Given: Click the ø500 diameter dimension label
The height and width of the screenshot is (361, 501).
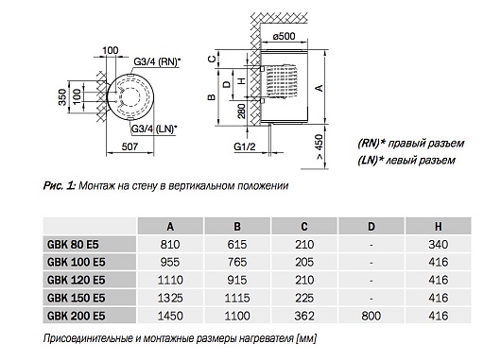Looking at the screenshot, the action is tap(284, 36).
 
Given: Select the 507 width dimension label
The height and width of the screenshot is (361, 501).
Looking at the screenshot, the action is tap(130, 146).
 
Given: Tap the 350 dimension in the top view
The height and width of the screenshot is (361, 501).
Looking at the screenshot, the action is tap(62, 97).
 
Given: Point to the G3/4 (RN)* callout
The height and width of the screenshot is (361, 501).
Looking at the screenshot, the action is tap(157, 61).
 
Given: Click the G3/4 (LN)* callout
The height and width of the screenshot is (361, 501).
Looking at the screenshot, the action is tap(155, 129).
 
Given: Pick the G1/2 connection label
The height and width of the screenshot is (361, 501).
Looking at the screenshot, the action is tap(245, 146).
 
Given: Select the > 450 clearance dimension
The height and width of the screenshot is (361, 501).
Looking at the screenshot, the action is tap(320, 147).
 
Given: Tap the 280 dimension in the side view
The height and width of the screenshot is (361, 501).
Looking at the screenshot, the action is tap(242, 111).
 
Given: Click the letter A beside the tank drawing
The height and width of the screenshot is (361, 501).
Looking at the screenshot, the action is tap(320, 88).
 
